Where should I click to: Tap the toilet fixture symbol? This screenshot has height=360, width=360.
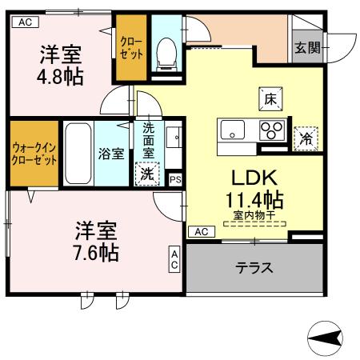[167, 51]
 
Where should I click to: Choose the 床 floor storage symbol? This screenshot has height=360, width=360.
[270, 99]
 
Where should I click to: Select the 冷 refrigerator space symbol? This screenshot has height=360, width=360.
[306, 138]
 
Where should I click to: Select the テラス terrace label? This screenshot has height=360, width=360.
[254, 267]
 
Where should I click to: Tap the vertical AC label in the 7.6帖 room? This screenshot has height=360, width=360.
[174, 260]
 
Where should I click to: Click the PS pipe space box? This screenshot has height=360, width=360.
[175, 179]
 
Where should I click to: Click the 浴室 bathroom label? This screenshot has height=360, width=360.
[111, 154]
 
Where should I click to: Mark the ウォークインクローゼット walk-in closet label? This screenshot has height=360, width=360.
[34, 154]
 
